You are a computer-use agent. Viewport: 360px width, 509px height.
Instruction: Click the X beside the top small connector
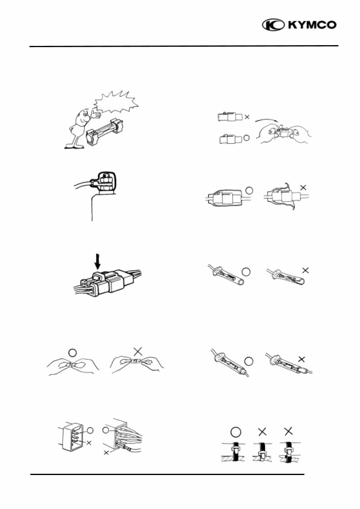[x=248, y=117]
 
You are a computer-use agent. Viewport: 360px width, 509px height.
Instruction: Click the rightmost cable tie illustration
[x=288, y=451]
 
